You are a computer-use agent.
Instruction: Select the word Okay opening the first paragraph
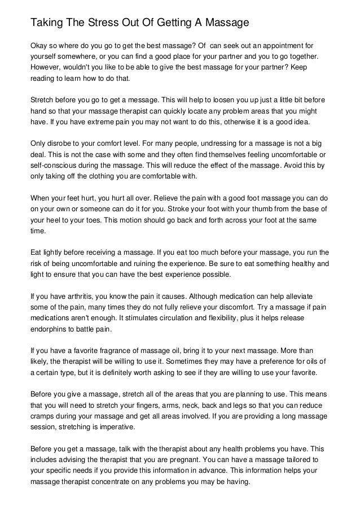click(39, 45)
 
